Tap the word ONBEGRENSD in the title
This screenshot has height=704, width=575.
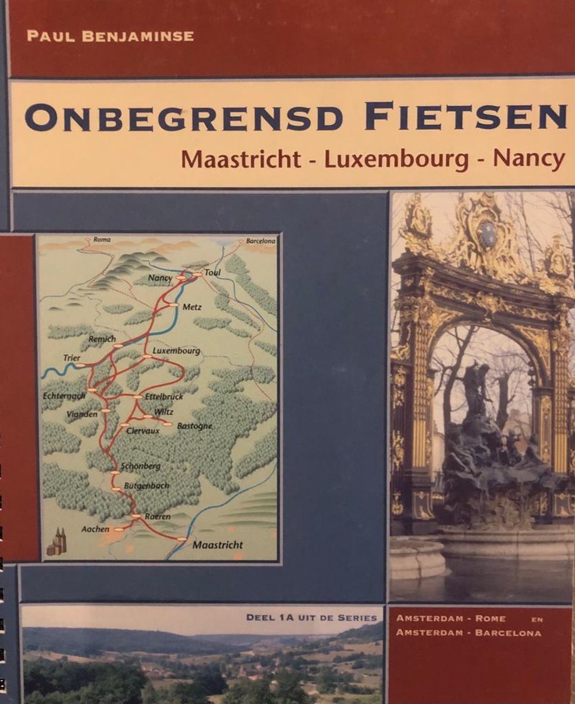click(184, 117)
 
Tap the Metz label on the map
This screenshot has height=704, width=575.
click(192, 307)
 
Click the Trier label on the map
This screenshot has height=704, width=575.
click(71, 358)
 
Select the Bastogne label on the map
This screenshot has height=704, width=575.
click(194, 426)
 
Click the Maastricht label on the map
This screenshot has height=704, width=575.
click(217, 545)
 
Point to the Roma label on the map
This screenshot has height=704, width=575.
click(102, 240)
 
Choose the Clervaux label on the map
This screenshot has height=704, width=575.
click(142, 429)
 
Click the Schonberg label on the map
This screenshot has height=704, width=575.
click(140, 466)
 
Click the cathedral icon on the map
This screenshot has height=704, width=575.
click(57, 543)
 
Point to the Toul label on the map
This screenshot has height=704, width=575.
click(211, 273)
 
